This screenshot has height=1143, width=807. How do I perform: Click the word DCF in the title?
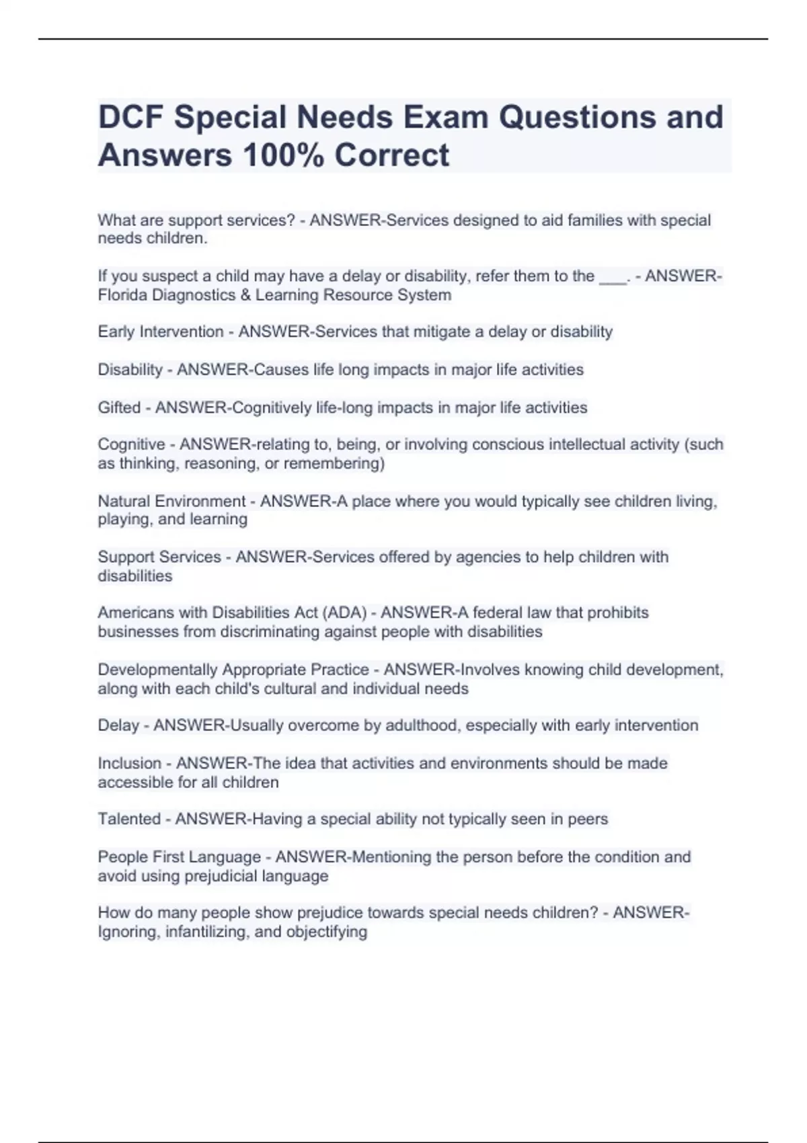click(x=130, y=117)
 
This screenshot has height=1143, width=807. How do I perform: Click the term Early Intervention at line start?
click(x=160, y=332)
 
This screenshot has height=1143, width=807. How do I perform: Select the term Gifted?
click(x=119, y=408)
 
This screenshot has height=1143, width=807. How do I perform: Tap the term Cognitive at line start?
click(x=131, y=445)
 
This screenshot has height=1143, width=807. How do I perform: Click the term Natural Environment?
click(x=171, y=502)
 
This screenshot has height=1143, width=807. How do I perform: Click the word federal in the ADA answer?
click(x=497, y=613)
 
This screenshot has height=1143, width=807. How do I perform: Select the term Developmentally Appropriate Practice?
click(x=233, y=670)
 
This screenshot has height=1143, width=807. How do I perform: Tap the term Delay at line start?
click(x=118, y=726)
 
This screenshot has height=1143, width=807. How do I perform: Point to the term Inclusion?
click(x=129, y=764)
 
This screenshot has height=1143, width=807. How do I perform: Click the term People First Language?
click(x=179, y=857)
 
